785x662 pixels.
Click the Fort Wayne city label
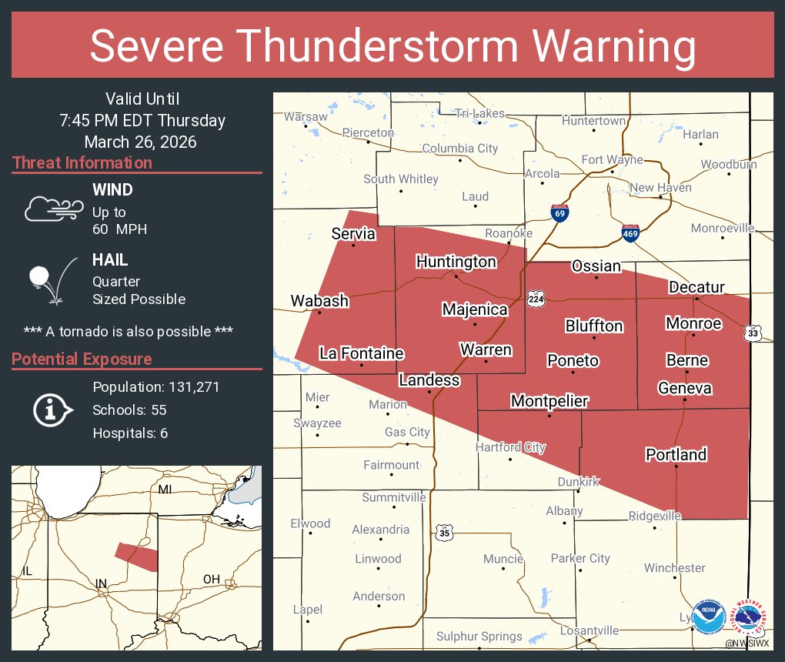[x=612, y=160]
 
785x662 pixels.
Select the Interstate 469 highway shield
[x=630, y=232]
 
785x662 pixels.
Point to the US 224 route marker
[x=536, y=299]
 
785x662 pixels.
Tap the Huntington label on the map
[x=456, y=262]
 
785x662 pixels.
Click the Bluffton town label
[x=593, y=326]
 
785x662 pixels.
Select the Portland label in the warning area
[x=676, y=454]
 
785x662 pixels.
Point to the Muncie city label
[x=503, y=559]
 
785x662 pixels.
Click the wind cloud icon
[x=52, y=209]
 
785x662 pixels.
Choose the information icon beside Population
[x=52, y=410]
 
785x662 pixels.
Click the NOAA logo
[x=708, y=618]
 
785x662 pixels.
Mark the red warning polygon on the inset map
[x=136, y=556]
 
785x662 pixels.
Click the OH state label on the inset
[x=211, y=579]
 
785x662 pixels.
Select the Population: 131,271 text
[x=156, y=386]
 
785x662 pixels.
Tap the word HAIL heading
[x=110, y=260]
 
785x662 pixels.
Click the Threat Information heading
[x=82, y=162]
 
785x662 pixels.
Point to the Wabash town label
[x=319, y=301]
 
